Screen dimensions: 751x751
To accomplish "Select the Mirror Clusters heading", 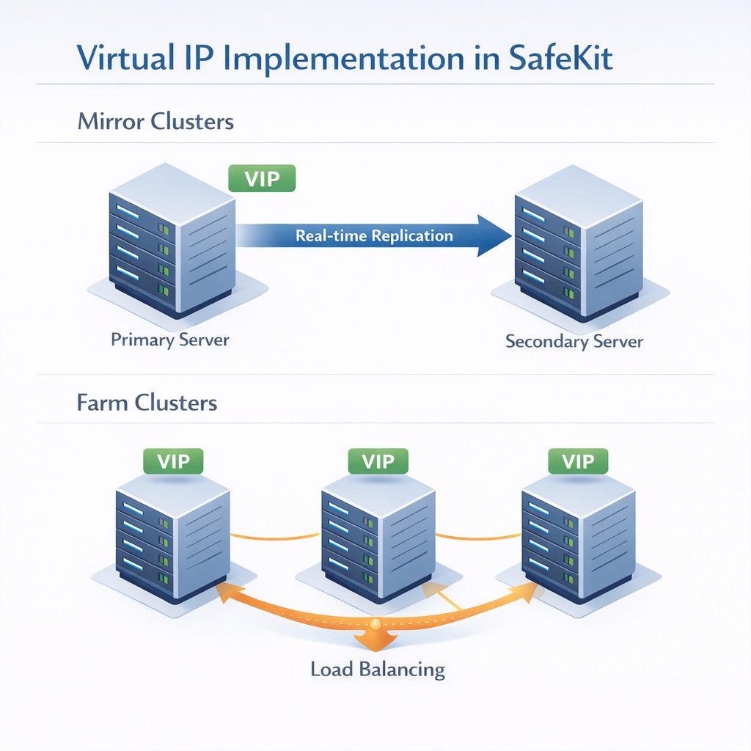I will [155, 121].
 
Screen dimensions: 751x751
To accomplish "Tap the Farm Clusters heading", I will [147, 403].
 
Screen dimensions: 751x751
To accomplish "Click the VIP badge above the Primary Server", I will [262, 178].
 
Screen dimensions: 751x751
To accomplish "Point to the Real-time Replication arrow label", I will [374, 236].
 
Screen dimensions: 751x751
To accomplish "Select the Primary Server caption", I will [170, 340].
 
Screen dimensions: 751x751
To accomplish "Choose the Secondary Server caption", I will [574, 341].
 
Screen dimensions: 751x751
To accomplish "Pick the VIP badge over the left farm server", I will [173, 461].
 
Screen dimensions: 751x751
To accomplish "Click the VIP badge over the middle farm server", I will [378, 461].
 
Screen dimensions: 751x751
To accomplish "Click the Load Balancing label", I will [378, 669].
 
